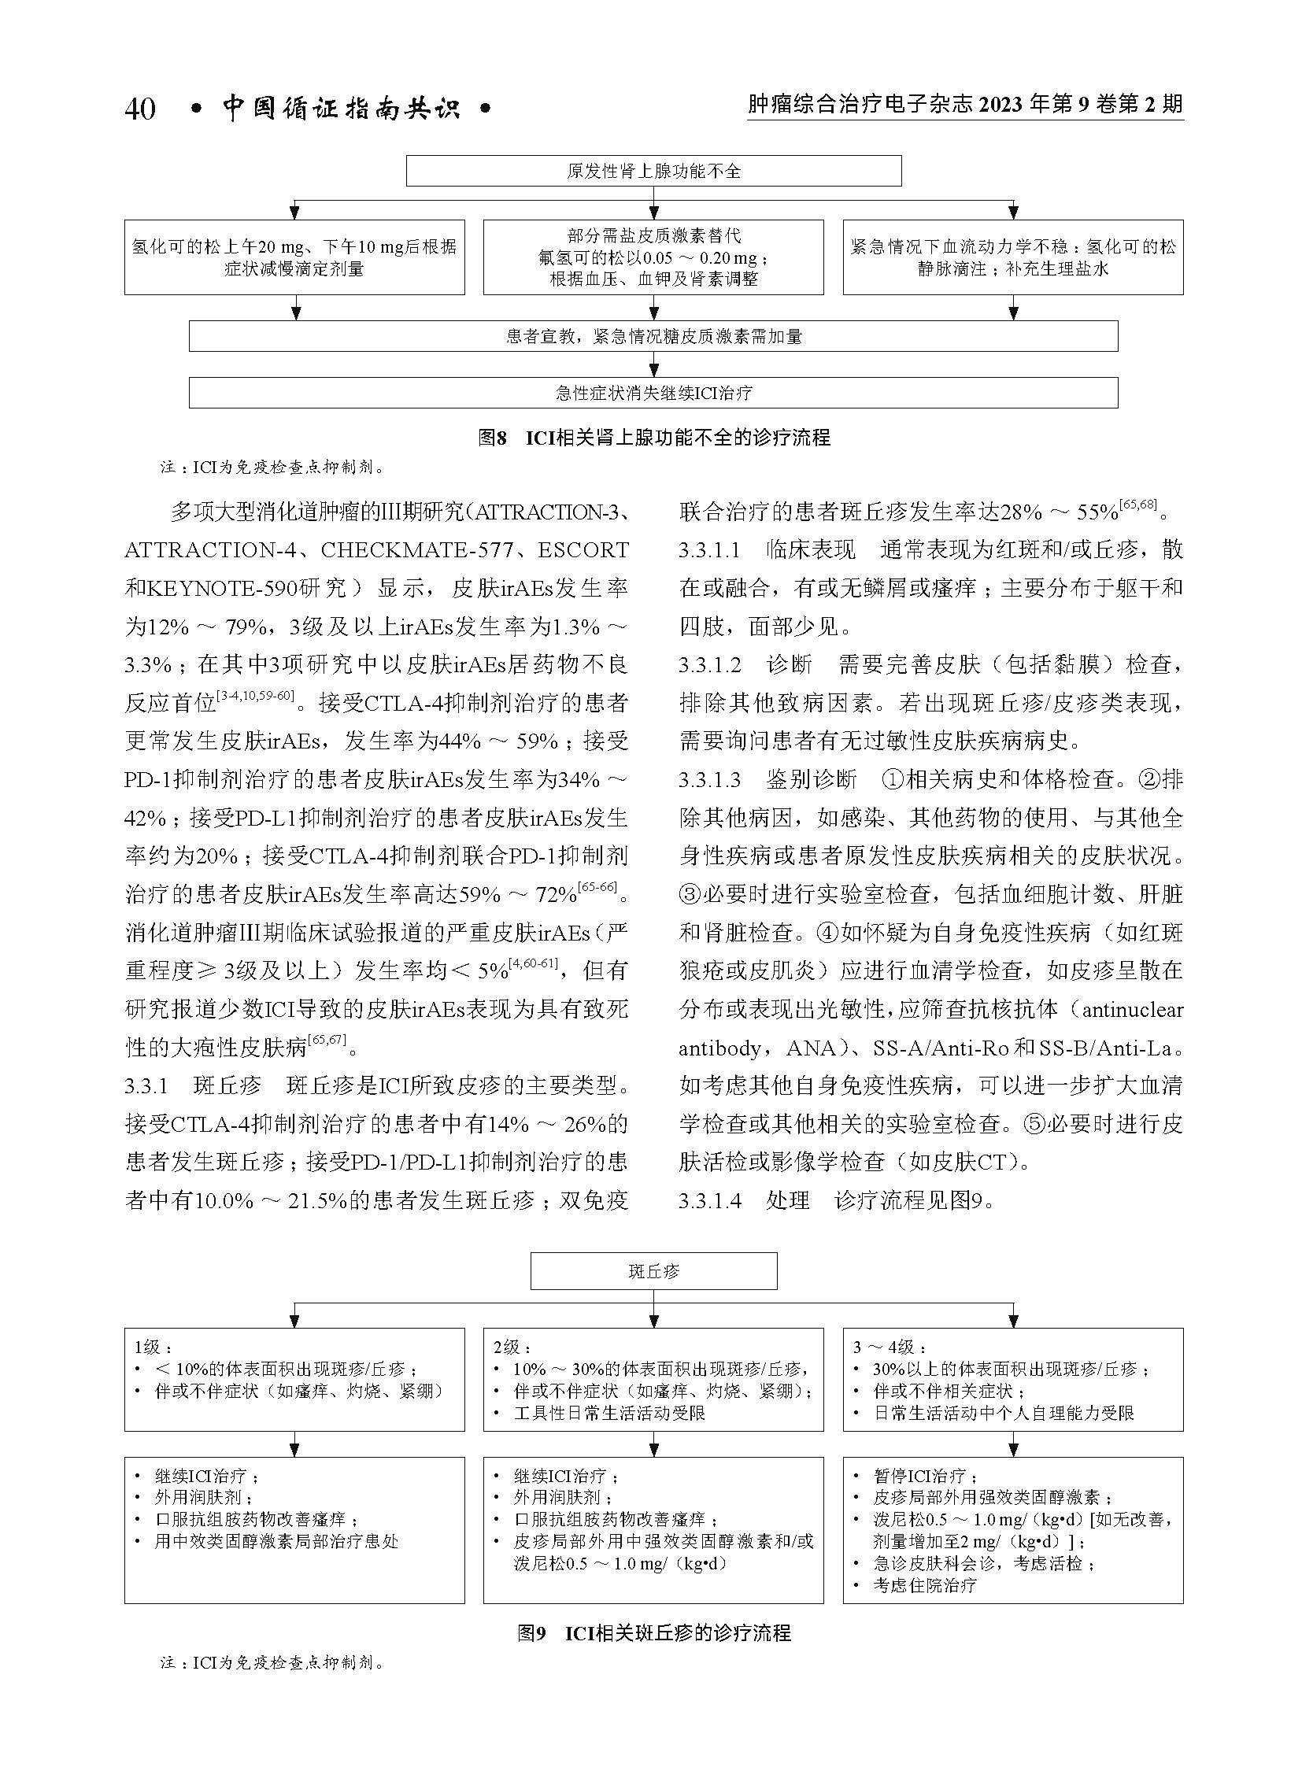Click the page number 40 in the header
(x=139, y=109)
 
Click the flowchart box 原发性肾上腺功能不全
(x=653, y=172)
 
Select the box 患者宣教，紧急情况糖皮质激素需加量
(x=653, y=337)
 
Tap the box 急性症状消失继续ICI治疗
(x=653, y=393)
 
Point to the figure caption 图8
(x=492, y=438)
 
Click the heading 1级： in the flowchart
(x=153, y=1347)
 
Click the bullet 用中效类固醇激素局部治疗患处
(x=276, y=1541)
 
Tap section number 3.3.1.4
(x=710, y=1200)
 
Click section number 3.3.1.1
(x=710, y=550)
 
